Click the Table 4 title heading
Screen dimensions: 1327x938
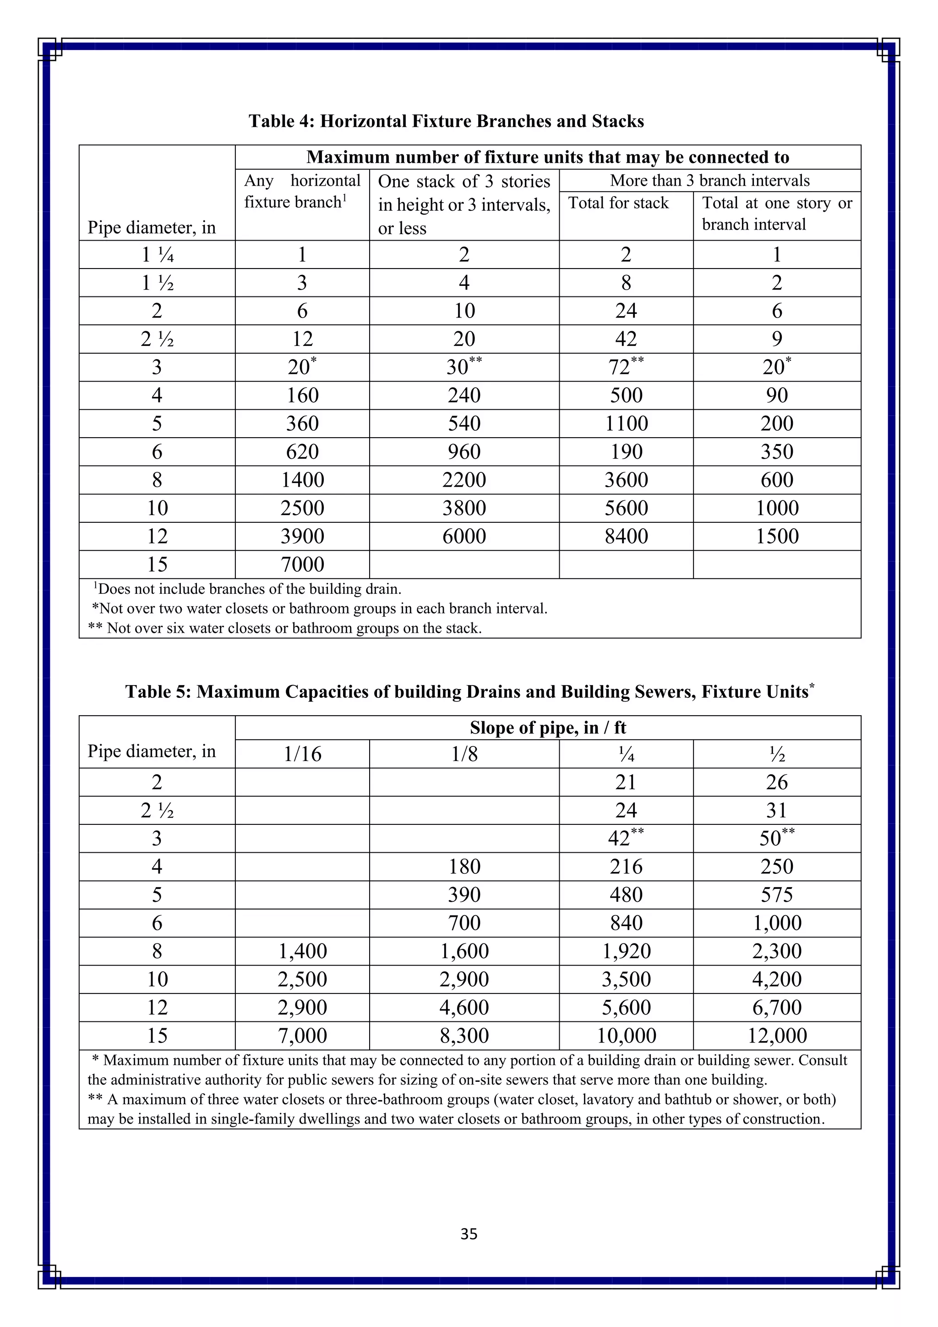point(446,121)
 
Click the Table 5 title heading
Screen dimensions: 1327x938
point(469,691)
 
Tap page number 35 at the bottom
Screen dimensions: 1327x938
point(469,1234)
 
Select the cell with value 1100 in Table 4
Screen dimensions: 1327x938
point(626,424)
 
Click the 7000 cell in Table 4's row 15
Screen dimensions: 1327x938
point(302,565)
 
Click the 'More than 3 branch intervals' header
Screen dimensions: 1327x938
point(709,181)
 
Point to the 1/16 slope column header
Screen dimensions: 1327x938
point(302,754)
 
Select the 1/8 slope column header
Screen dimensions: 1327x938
point(464,754)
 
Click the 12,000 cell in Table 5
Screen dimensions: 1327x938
point(777,1036)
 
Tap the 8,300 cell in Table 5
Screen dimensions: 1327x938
point(464,1036)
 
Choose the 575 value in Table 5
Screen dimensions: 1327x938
point(777,895)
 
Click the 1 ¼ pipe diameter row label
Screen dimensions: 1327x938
point(157,254)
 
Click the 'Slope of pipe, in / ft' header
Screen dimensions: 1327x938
point(548,728)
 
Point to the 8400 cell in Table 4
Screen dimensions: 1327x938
point(626,537)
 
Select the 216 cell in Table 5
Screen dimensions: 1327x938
point(626,866)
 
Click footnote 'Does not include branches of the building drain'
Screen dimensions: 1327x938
point(248,589)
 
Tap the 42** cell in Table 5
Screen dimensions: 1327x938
point(626,838)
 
